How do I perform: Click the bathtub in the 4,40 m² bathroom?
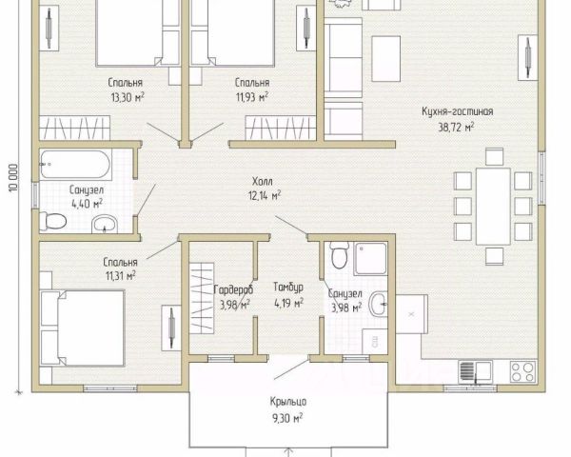coord(75,165)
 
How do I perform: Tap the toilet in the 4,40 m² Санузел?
coord(53,221)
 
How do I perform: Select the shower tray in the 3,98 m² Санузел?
coord(371,258)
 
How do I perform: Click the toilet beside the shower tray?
coord(339,255)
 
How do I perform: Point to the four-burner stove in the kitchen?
coord(522,371)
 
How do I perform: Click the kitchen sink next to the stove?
coord(475,371)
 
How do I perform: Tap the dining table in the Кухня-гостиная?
coord(493,207)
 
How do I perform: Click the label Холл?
coord(263,181)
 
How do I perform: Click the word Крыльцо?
coord(288,402)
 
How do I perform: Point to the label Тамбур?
coord(288,288)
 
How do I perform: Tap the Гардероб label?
coord(233,289)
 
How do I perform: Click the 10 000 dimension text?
coord(13,178)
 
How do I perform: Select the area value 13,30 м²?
coord(128,97)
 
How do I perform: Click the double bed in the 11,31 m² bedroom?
coord(83,328)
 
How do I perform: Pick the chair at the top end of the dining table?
coord(494,157)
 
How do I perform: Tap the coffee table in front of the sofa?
coord(386,59)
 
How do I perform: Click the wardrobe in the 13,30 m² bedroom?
coord(74,128)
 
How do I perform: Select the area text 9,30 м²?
coord(287,418)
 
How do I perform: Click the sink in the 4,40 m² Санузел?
coord(105,224)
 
